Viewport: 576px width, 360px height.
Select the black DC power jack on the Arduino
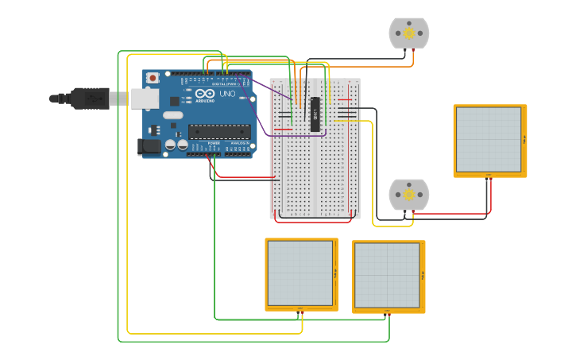click(149, 146)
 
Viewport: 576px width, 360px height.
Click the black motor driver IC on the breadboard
click(315, 114)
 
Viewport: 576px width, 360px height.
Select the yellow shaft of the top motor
click(409, 33)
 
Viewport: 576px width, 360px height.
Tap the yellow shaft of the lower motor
click(409, 195)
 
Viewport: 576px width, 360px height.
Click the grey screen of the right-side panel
click(488, 140)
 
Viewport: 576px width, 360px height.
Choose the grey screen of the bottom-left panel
click(300, 273)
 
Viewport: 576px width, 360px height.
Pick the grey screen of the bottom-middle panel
click(388, 276)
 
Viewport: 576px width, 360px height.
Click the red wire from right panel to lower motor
click(453, 212)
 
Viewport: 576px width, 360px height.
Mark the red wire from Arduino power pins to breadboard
click(238, 176)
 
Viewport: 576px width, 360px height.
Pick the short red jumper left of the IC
click(284, 128)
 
